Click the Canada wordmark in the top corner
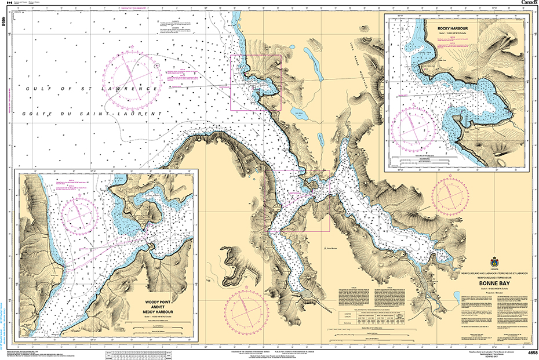tap(529, 3)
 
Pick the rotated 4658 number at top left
tap(5, 23)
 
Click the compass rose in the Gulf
tap(132, 75)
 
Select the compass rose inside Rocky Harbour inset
tap(414, 123)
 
